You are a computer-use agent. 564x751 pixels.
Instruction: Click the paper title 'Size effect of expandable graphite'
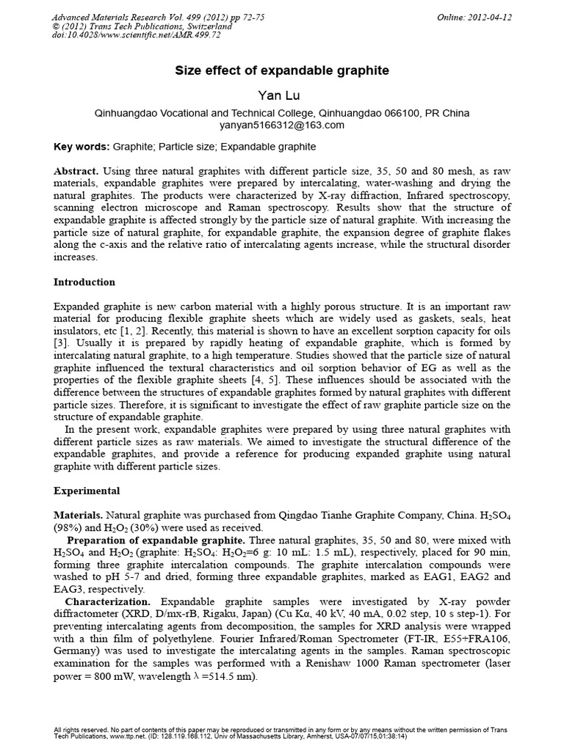pyautogui.click(x=282, y=71)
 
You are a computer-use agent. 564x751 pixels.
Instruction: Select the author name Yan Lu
pyautogui.click(x=282, y=95)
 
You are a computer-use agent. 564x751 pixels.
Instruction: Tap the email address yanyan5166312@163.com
pyautogui.click(x=282, y=125)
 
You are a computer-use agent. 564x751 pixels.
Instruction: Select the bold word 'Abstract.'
pyautogui.click(x=78, y=170)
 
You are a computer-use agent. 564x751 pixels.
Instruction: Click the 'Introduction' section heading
pyautogui.click(x=84, y=282)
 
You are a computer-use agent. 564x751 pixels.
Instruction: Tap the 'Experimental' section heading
pyautogui.click(x=87, y=490)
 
